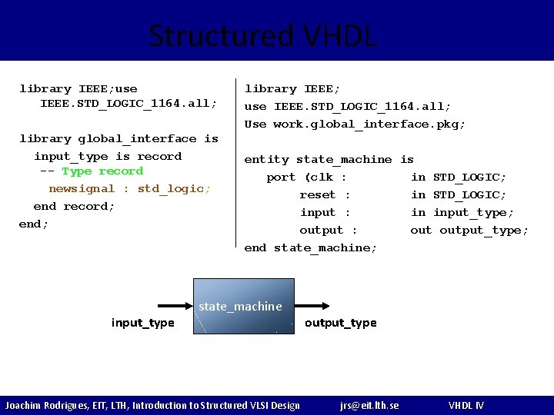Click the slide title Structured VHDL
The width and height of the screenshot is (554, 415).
[x=262, y=35]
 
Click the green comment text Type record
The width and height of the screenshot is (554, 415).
[x=102, y=171]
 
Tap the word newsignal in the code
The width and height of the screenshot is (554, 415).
[x=82, y=188]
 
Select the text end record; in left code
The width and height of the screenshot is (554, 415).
[x=74, y=206]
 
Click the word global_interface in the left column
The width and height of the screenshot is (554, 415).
[x=137, y=139]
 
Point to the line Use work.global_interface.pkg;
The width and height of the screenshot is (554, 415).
[x=355, y=124]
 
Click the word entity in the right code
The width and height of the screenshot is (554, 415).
[x=266, y=160]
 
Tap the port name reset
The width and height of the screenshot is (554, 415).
[x=318, y=195]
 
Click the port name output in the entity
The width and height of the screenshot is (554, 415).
[x=321, y=231]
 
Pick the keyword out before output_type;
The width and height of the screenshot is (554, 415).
[x=421, y=231]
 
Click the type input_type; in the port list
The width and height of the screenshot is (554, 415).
[x=473, y=213]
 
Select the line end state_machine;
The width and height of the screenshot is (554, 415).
[x=310, y=248]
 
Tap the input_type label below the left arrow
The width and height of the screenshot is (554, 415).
[x=142, y=323]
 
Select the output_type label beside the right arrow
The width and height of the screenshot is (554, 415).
[x=340, y=323]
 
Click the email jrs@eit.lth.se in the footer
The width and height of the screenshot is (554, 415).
[x=369, y=405]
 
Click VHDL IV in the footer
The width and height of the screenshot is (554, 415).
[x=466, y=405]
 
